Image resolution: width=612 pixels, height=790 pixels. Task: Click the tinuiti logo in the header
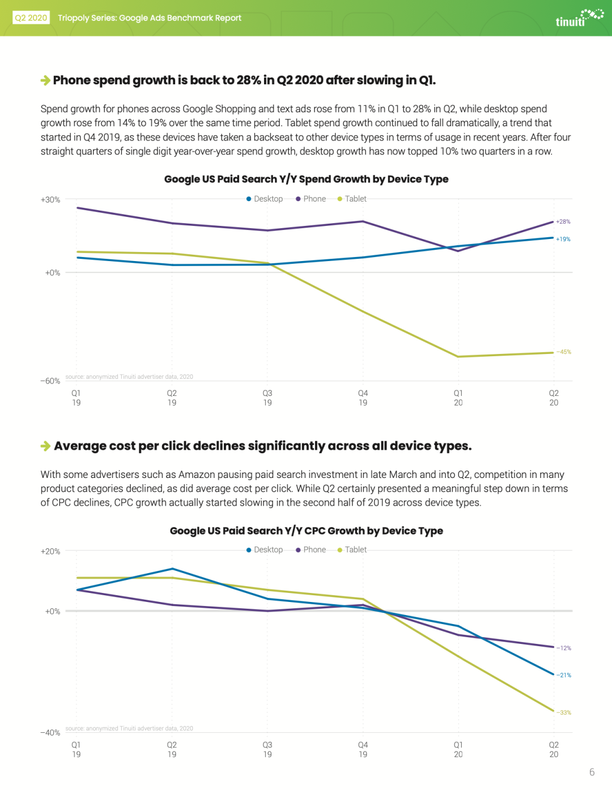coord(579,18)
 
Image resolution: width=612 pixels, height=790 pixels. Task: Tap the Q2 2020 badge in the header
coord(31,18)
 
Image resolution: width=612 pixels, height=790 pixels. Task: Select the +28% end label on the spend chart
coord(563,222)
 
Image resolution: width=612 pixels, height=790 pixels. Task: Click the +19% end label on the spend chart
coord(563,239)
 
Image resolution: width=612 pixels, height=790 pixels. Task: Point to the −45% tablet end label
coord(564,352)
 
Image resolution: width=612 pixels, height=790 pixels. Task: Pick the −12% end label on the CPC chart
coord(564,648)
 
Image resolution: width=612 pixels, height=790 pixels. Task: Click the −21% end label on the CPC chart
coord(564,675)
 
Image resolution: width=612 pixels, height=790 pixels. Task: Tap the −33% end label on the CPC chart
coord(564,712)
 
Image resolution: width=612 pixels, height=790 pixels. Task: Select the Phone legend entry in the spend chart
coord(311,199)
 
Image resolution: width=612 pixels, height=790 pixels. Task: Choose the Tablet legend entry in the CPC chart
coord(352,550)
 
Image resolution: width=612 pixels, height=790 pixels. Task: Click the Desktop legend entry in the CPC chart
coord(265,550)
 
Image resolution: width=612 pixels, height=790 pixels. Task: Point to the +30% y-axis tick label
coord(50,199)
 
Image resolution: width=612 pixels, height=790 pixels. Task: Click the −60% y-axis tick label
coord(50,381)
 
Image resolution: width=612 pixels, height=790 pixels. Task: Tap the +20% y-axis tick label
coord(50,552)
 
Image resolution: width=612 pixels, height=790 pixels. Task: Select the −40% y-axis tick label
coord(50,733)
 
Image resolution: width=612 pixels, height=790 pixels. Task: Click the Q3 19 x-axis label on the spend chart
coord(267,398)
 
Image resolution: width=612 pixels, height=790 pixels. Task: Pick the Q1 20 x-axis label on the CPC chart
coord(458,750)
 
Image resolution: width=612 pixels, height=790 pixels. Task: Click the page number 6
coord(592,772)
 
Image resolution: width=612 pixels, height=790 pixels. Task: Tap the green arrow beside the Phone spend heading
coord(45,80)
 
